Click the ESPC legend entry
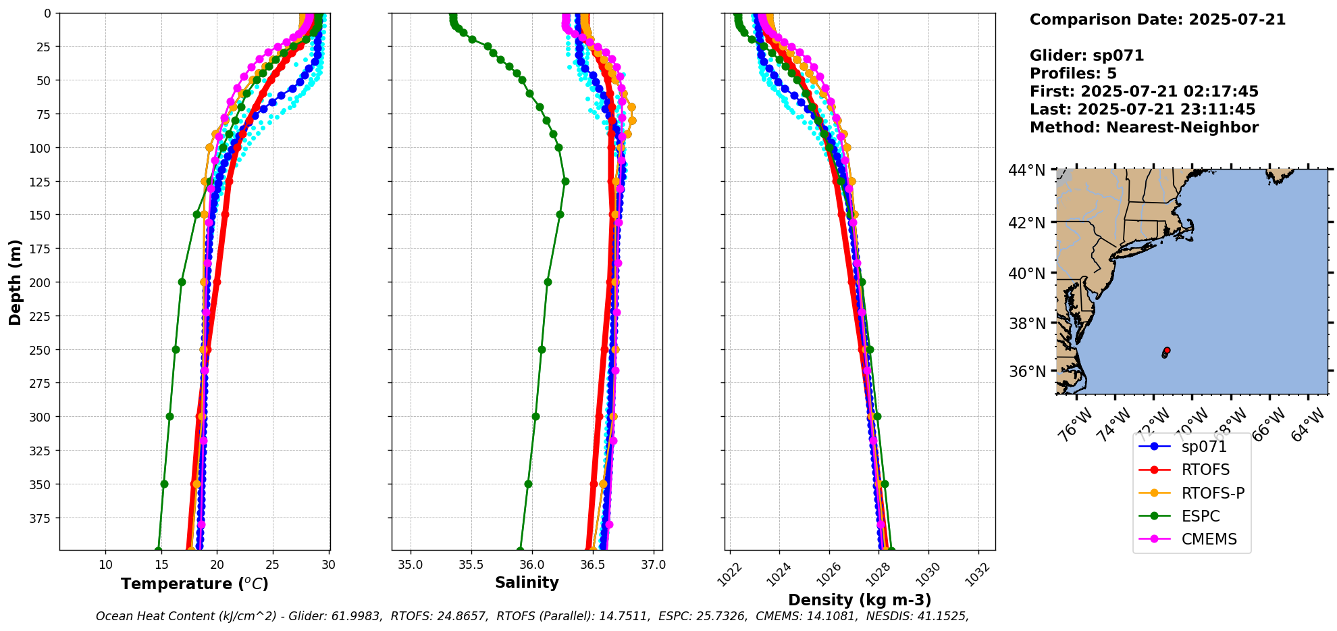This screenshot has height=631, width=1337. pos(1200,516)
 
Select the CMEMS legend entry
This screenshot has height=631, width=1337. pos(1209,539)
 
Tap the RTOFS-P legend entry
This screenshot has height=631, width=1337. pos(1212,493)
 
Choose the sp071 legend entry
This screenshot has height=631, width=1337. pos(1204,447)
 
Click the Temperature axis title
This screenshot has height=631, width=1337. pos(194,584)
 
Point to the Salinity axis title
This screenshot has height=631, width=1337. pos(527,582)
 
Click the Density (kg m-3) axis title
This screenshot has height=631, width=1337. pos(860,600)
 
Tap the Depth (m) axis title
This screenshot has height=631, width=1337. pos(15,282)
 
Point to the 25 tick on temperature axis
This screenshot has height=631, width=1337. pos(272,565)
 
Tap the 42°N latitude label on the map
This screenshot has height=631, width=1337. pos(1026,223)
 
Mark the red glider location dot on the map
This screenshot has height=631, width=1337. pos(1167,350)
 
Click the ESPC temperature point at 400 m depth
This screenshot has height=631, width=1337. pos(158,550)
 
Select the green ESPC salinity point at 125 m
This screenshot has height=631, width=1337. pos(565,181)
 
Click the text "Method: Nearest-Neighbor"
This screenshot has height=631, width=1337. pos(1144,128)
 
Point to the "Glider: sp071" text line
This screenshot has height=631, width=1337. pos(1086,55)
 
